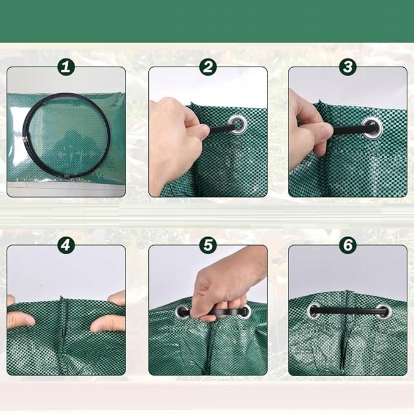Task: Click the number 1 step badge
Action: click(x=66, y=67)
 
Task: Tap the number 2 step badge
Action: click(x=208, y=67)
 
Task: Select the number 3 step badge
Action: click(x=348, y=67)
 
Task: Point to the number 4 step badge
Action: click(x=66, y=245)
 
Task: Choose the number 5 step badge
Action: click(x=208, y=245)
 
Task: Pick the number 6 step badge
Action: click(x=348, y=245)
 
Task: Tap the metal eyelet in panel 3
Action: click(x=373, y=127)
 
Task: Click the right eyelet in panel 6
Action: click(x=384, y=312)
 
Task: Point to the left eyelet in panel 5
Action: click(x=182, y=312)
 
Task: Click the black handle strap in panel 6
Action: click(x=349, y=310)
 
